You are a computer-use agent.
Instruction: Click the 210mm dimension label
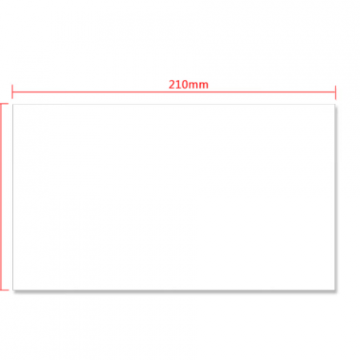[x=189, y=85]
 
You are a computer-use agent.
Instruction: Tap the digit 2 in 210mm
[x=171, y=85]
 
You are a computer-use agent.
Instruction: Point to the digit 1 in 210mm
[x=178, y=85]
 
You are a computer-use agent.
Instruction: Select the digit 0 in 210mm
[x=185, y=85]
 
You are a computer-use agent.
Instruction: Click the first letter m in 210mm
[x=194, y=86]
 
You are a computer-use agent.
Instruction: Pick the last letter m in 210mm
[x=204, y=86]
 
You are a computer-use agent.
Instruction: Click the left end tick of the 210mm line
[x=12, y=92]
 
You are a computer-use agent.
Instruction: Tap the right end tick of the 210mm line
[x=335, y=92]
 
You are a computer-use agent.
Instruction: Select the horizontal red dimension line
[x=174, y=92]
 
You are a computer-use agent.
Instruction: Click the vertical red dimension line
[x=1, y=197]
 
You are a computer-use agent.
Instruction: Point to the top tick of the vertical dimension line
[x=4, y=104]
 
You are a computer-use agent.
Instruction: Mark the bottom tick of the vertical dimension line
[x=4, y=290]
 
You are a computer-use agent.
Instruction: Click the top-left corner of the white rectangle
[x=13, y=105]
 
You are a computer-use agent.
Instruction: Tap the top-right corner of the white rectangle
[x=335, y=105]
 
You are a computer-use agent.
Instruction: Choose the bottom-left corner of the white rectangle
[x=13, y=290]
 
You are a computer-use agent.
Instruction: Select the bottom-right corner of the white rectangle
[x=335, y=290]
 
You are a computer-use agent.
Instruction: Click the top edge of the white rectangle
[x=174, y=105]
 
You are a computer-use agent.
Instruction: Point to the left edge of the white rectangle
[x=13, y=197]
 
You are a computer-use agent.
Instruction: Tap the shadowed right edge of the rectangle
[x=335, y=197]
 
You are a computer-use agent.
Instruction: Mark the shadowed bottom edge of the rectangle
[x=174, y=290]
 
